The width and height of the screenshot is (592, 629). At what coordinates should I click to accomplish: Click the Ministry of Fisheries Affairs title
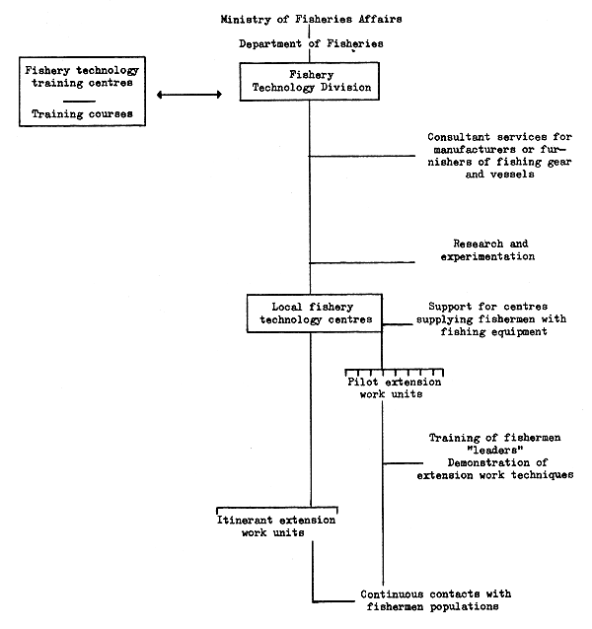(311, 19)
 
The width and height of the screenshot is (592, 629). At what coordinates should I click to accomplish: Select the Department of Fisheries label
(311, 43)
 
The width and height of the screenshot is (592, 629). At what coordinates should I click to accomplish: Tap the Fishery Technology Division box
(310, 81)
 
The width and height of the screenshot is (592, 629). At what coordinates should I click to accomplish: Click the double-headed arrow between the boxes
(189, 95)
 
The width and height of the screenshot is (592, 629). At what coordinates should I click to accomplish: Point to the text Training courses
(82, 114)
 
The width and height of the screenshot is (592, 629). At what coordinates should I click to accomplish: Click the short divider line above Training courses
(80, 102)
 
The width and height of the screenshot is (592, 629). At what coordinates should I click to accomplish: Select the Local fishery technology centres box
(315, 314)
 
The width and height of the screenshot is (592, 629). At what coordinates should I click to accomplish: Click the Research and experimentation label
(488, 249)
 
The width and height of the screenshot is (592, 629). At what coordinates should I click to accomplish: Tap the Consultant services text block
(499, 156)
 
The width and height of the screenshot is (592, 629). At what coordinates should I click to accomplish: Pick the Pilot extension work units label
(394, 387)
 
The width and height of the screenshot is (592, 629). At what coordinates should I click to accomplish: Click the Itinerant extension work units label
(275, 526)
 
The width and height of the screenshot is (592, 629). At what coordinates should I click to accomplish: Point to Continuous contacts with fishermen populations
(435, 600)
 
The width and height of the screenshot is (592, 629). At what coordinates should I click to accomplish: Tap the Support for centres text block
(491, 318)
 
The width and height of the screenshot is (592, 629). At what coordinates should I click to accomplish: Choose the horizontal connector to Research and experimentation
(362, 263)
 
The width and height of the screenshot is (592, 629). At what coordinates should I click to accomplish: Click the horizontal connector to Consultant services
(362, 156)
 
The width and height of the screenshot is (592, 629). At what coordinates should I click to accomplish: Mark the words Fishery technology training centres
(82, 76)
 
